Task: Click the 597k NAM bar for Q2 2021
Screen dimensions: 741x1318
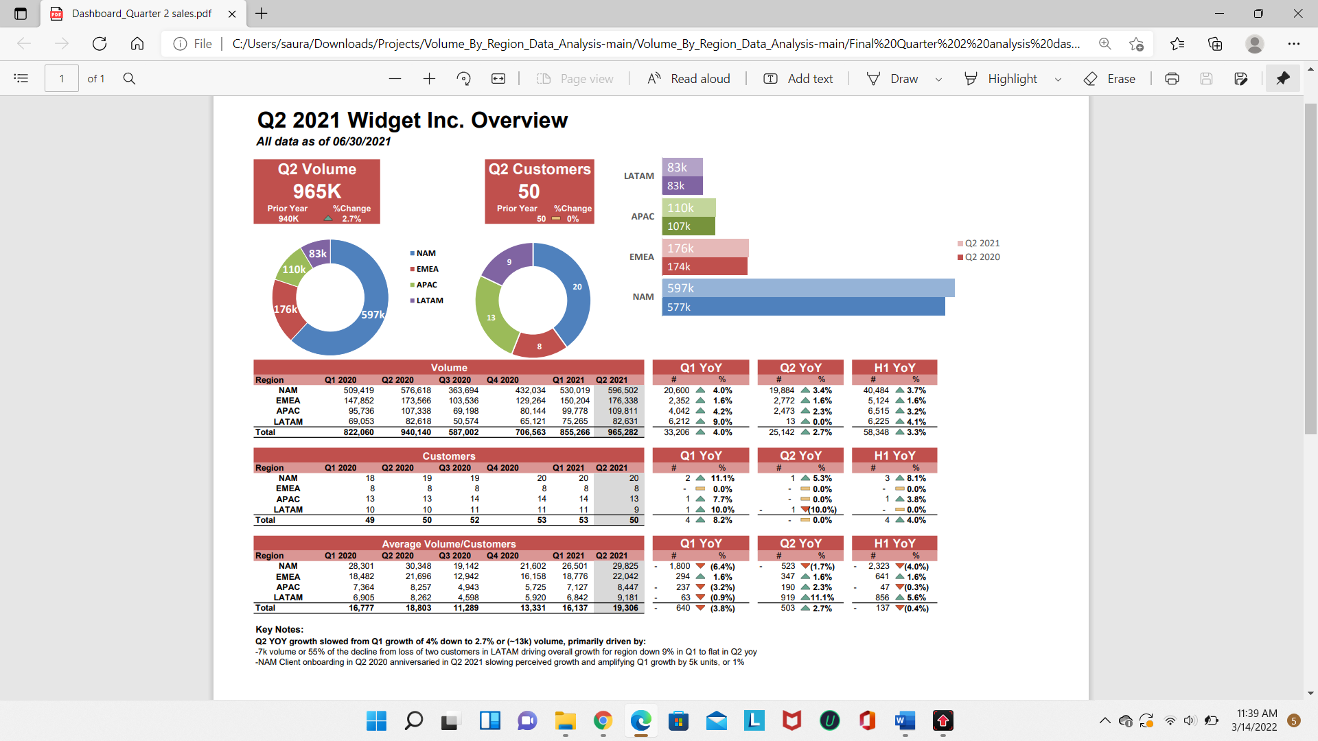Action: tap(808, 288)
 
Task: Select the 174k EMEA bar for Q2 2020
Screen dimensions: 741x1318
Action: tap(704, 266)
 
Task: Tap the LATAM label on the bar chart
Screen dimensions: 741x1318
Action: tap(638, 176)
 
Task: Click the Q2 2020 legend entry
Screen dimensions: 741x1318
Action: tap(982, 257)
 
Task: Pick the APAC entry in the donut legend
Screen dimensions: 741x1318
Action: tap(426, 285)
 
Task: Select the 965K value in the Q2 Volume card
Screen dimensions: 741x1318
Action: tap(316, 191)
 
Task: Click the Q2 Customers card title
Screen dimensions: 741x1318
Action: tap(539, 169)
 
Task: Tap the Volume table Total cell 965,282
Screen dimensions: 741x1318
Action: tap(623, 432)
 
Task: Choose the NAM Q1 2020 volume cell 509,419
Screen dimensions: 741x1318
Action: tap(358, 390)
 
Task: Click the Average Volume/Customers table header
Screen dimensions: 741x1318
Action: tap(448, 544)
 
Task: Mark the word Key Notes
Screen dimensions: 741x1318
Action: tap(279, 629)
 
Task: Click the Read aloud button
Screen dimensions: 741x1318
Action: tap(689, 79)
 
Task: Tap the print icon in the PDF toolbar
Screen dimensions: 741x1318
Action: tap(1172, 79)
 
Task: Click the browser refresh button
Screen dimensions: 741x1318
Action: tap(100, 44)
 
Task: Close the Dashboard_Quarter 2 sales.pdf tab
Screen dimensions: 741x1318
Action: tap(232, 14)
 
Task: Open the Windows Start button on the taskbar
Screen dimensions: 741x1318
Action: tap(376, 720)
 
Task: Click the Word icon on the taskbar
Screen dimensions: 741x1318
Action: tap(905, 720)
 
